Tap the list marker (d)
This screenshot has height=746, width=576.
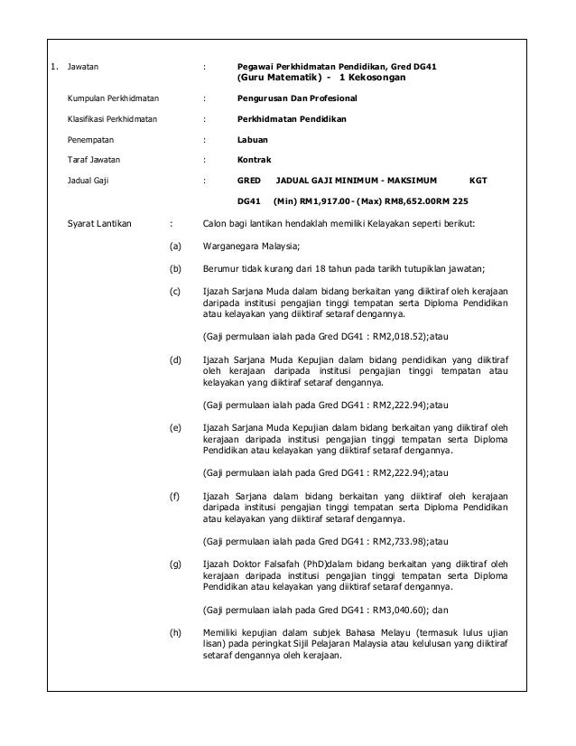175,359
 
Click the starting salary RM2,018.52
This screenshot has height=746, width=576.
398,338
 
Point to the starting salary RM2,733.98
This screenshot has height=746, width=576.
398,541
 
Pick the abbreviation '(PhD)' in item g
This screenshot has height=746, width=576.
314,564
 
